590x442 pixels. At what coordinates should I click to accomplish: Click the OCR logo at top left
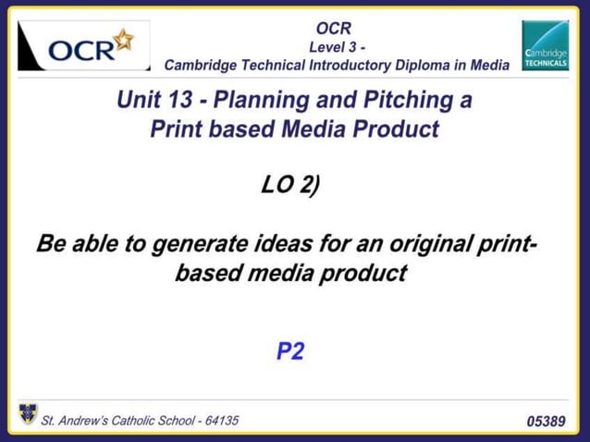tap(83, 46)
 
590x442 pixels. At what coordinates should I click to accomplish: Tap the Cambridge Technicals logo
tap(545, 46)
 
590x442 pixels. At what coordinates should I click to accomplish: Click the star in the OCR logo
tap(123, 41)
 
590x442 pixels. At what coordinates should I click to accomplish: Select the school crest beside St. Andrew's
tap(28, 413)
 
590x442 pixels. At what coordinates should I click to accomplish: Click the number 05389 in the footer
tap(546, 422)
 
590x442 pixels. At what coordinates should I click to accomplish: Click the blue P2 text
tap(290, 351)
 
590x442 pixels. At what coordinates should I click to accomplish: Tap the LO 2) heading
tap(290, 185)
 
